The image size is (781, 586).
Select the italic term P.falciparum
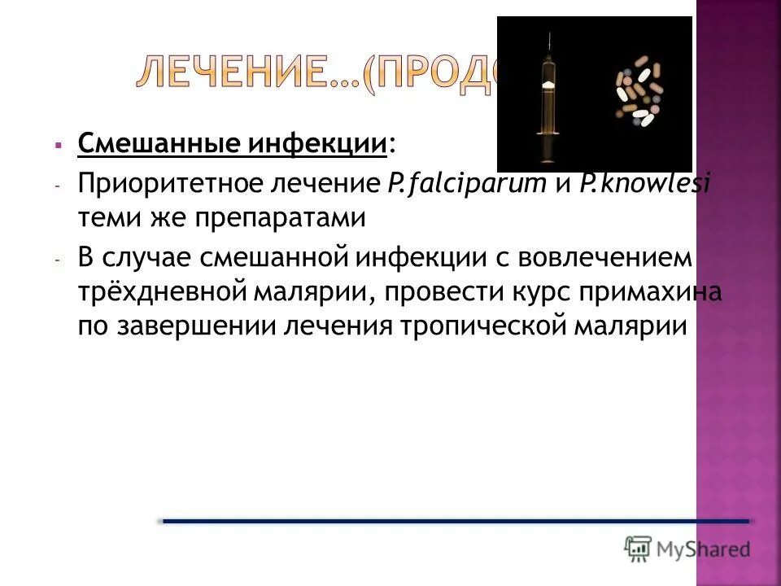tap(468, 185)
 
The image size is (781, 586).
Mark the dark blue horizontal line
tap(456, 520)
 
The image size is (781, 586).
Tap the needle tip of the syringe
tap(550, 34)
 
